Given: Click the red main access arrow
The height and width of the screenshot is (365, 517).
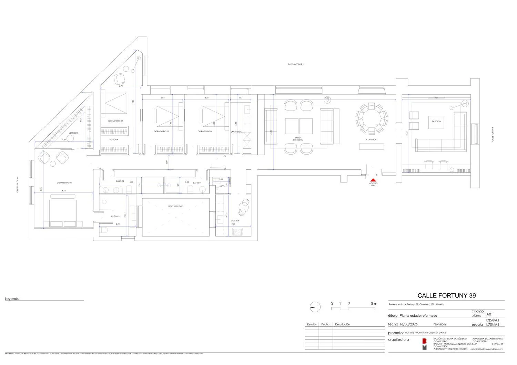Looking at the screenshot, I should click(373, 180).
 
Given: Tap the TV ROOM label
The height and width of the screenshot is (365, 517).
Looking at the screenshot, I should click(436, 122).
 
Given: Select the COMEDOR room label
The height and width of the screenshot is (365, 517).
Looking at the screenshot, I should click(371, 139).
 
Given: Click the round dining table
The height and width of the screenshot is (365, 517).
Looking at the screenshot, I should click(371, 118).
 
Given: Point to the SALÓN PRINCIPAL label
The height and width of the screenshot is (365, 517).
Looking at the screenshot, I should click(298, 139).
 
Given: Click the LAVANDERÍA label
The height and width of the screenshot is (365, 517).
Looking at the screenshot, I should click(237, 132).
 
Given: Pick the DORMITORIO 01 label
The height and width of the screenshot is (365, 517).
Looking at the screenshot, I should click(205, 132).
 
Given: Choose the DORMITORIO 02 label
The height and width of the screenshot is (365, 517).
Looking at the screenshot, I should click(161, 132).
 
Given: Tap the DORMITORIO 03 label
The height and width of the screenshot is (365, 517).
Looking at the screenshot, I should click(115, 121).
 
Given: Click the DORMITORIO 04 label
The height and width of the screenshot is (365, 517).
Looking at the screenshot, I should click(64, 182).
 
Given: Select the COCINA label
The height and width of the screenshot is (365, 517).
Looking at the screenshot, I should click(235, 221).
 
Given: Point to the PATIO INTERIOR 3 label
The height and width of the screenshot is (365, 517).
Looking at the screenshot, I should click(175, 206).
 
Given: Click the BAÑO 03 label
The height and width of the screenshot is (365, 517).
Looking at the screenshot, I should click(115, 217).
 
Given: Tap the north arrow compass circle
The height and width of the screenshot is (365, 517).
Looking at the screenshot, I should click(315, 306).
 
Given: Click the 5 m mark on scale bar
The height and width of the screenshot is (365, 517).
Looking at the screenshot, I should click(374, 304).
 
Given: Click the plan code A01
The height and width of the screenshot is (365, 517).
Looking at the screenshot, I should click(489, 314).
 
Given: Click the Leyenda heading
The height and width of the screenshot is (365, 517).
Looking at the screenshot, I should click(12, 299).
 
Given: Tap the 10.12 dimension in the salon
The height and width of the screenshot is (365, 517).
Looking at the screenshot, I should click(327, 98).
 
